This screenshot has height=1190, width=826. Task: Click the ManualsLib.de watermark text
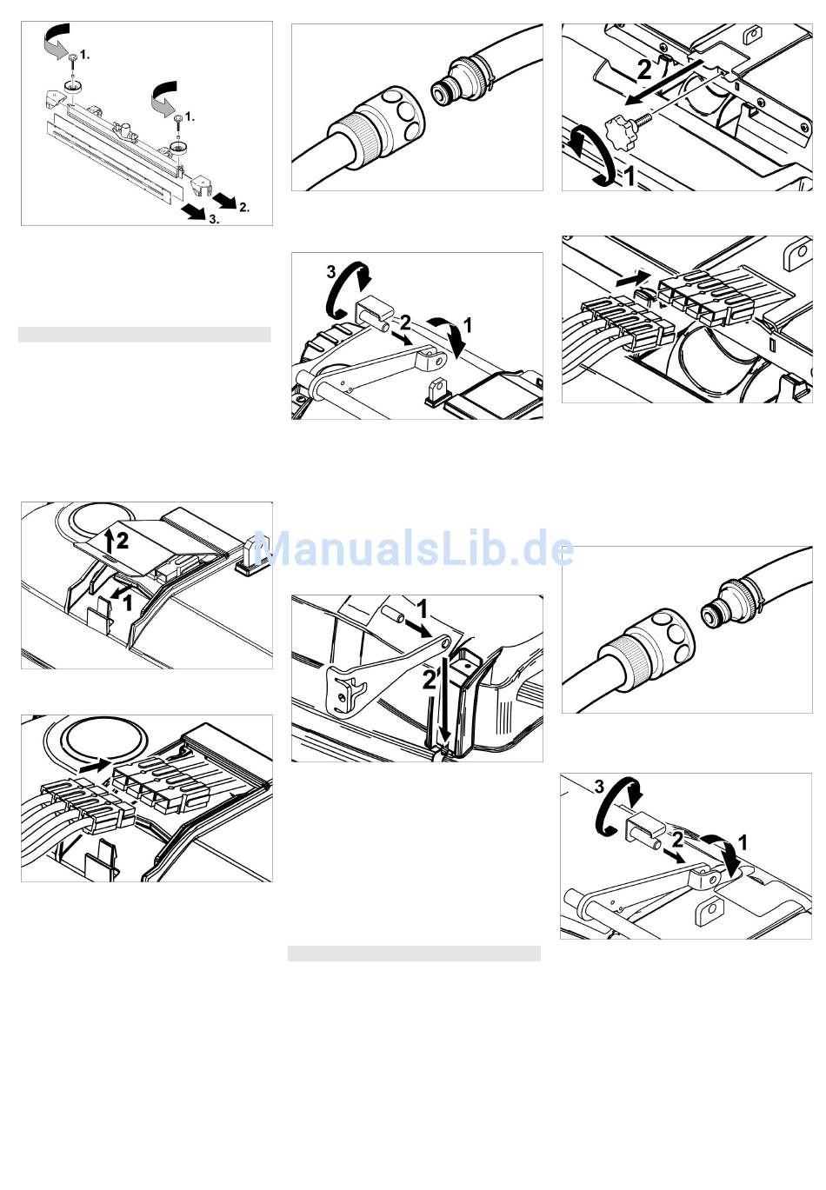(414, 548)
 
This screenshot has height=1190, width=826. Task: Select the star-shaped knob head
(617, 129)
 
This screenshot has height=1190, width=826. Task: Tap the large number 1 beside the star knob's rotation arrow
(629, 177)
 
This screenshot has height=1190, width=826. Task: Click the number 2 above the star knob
(644, 70)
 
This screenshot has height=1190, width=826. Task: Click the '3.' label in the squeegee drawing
(214, 218)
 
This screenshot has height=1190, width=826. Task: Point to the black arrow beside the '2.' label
(224, 201)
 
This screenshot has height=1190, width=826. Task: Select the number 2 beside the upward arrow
(123, 541)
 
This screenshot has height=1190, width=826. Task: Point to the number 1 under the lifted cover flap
(127, 602)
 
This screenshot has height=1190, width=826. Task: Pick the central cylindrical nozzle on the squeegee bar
(127, 129)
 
